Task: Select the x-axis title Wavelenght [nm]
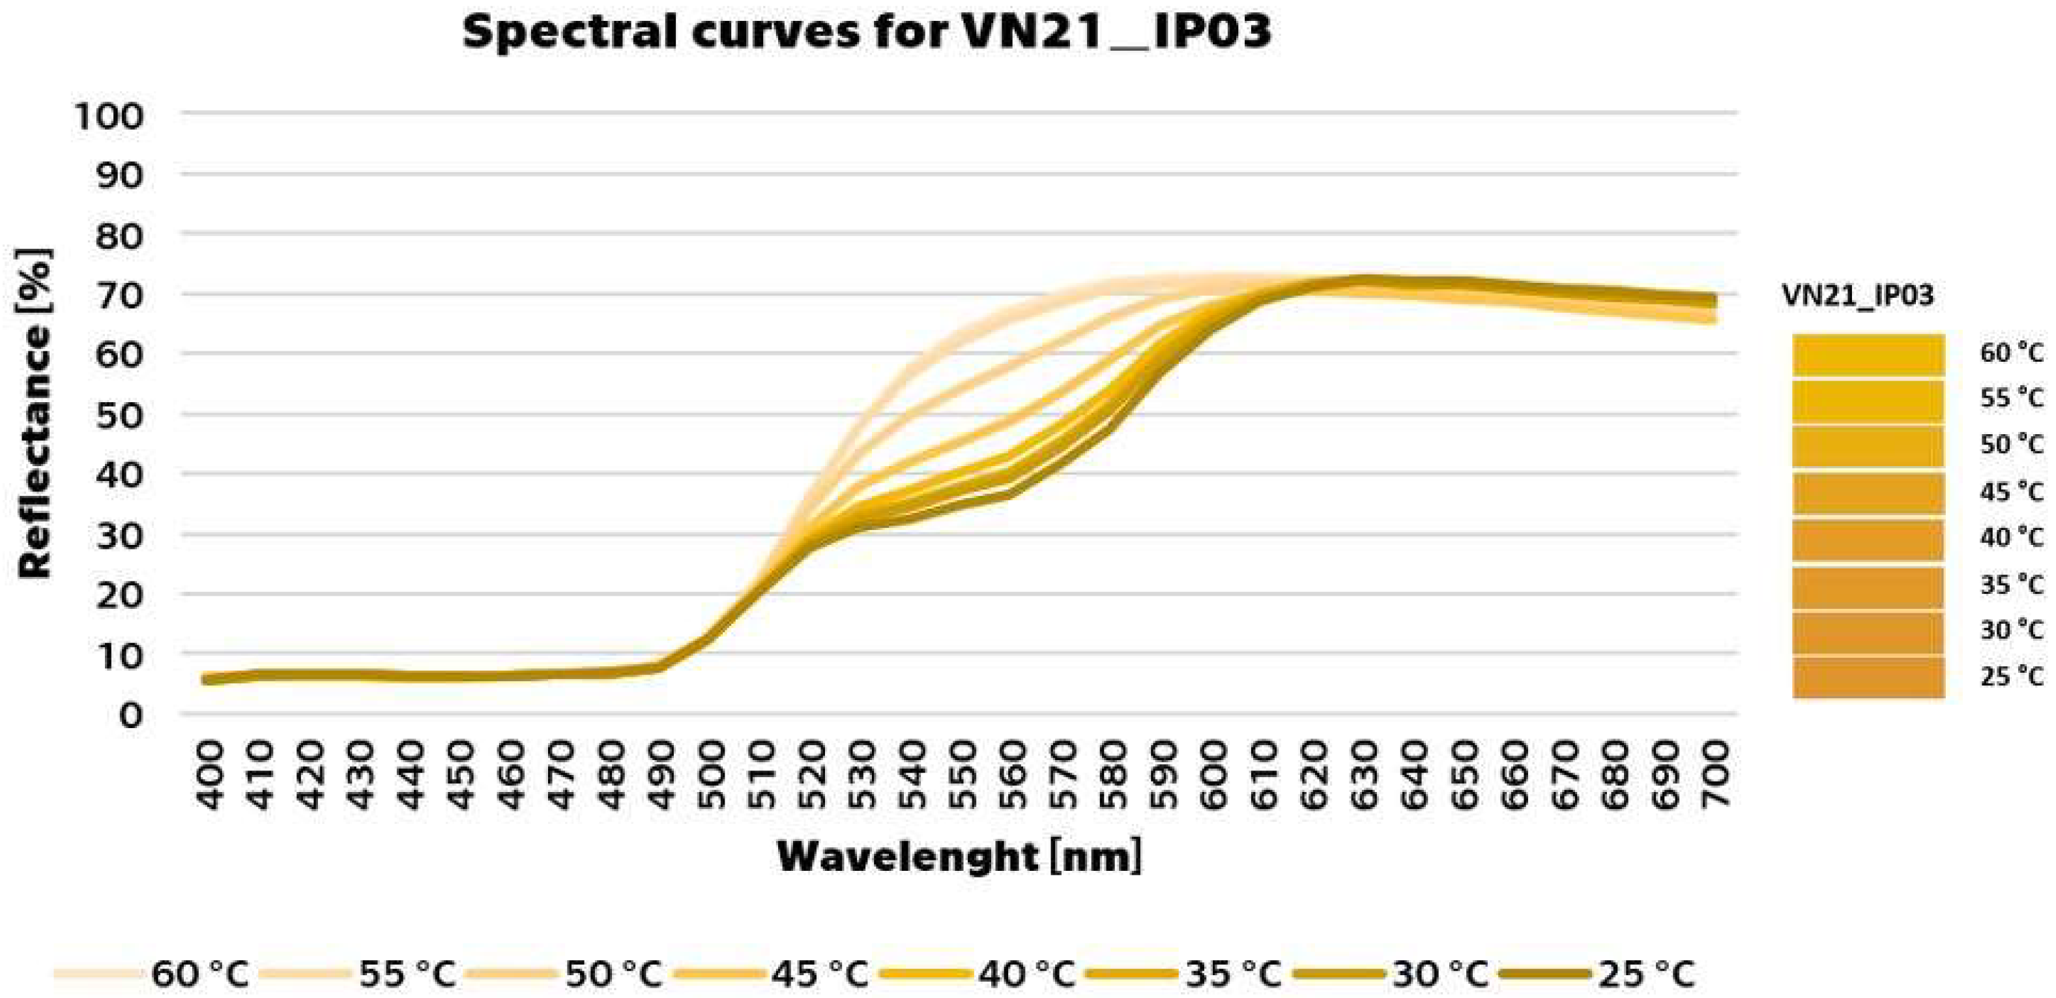tap(959, 857)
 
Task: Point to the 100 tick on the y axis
tap(109, 117)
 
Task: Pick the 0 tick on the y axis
tap(130, 715)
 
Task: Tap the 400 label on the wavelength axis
tap(210, 774)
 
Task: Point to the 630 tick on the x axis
tap(1364, 774)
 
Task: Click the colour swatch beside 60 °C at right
tap(1868, 355)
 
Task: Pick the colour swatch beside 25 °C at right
tap(1868, 678)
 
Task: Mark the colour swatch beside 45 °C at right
tap(1868, 493)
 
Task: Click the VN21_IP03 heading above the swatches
tap(1858, 296)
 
